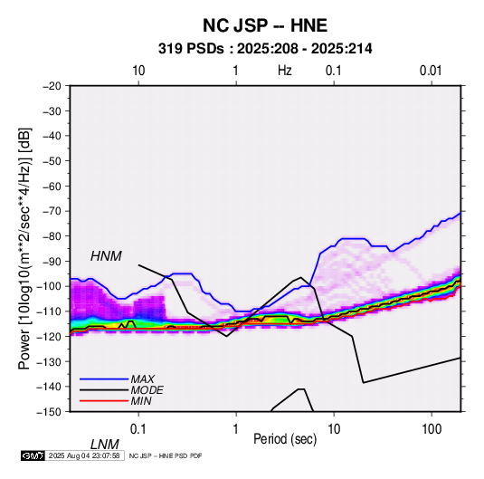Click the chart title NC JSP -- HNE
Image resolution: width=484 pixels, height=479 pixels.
pos(265,25)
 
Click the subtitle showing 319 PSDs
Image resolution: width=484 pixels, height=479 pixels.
pos(265,49)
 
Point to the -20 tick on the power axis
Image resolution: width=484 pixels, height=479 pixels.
pos(52,86)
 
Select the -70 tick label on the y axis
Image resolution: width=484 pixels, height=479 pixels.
pos(52,211)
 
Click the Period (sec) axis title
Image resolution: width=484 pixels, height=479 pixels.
pos(285,439)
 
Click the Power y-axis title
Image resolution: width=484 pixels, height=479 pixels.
pos(24,248)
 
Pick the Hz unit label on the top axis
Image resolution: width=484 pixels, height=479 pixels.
pos(285,71)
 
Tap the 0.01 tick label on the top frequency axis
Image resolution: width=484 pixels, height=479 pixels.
pos(431,71)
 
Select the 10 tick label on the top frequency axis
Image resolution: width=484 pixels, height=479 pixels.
pos(138,71)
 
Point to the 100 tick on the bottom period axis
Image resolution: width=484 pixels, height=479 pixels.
pos(431,429)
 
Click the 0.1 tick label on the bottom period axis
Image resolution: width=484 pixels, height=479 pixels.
pos(138,429)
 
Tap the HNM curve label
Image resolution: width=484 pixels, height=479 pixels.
pos(106,256)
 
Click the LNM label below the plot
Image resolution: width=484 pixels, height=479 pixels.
pos(104,445)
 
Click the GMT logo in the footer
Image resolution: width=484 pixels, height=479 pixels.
pos(33,455)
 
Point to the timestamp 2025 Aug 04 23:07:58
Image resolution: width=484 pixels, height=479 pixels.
pos(84,455)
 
